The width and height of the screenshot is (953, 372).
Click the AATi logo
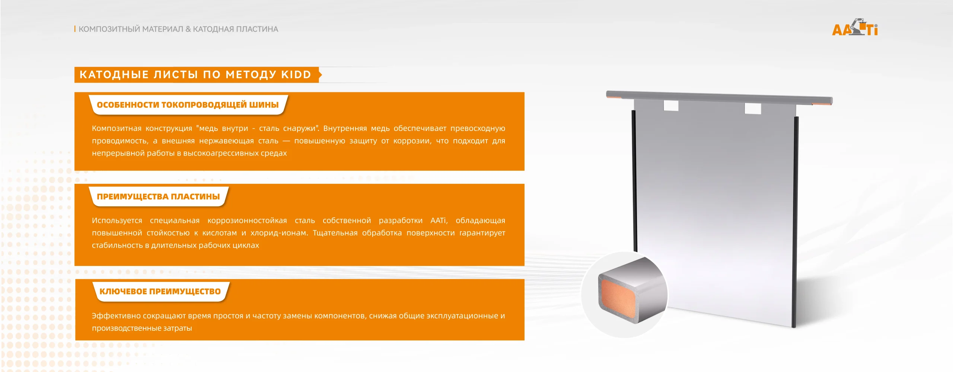855,28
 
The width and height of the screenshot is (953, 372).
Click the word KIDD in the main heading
296,75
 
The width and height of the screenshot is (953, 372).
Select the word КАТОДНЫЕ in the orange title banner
114,75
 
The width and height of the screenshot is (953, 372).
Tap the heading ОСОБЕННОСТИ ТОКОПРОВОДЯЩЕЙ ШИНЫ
188,105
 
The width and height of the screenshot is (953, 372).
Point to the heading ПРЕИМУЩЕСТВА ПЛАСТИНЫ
158,197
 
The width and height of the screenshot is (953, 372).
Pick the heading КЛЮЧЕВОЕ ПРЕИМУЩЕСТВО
160,292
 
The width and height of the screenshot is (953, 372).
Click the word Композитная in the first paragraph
117,128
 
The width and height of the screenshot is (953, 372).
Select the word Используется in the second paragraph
117,221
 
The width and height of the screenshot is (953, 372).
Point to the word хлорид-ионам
279,233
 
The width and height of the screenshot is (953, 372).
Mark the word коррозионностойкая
247,221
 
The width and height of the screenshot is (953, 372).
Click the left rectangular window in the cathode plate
671,106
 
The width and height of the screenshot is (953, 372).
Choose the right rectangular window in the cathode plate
753,109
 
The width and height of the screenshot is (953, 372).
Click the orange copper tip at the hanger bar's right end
822,103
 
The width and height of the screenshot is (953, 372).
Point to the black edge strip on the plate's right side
795,222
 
